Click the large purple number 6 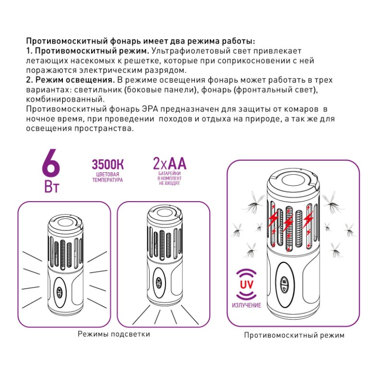point(51,164)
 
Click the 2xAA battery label point(169,164)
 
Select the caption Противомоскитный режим point(294,336)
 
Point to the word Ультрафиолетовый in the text point(185,50)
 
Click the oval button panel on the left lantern point(60,292)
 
